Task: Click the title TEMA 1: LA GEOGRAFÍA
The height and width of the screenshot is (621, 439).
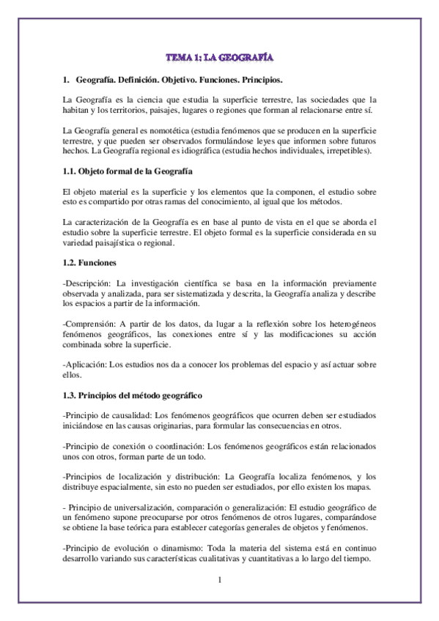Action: [x=219, y=56]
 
